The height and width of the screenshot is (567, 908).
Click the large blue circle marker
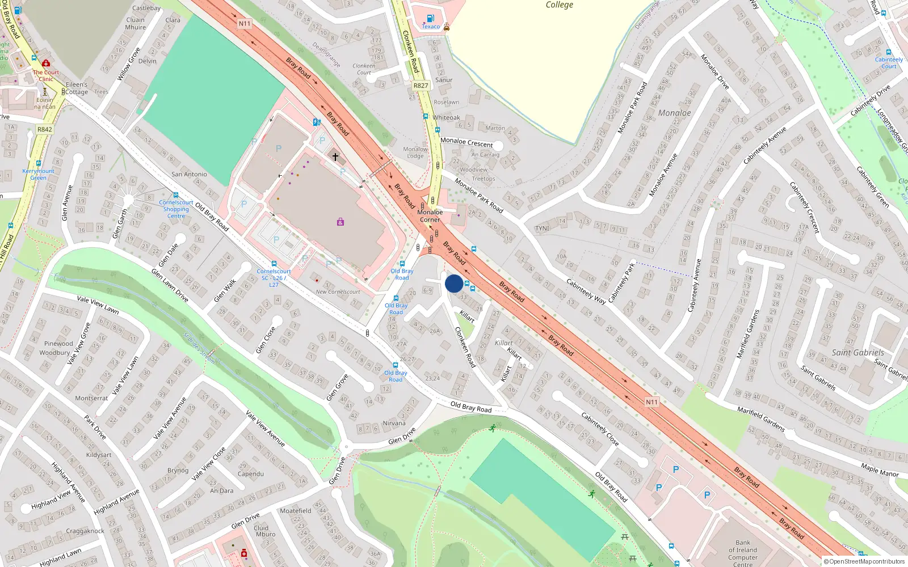tap(454, 283)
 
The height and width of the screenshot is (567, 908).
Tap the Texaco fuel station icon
tap(430, 19)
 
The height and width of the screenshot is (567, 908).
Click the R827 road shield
tap(421, 86)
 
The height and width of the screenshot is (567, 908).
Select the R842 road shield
tap(45, 129)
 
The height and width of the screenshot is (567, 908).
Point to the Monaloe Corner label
tap(430, 216)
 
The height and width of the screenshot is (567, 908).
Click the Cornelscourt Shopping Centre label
tap(176, 209)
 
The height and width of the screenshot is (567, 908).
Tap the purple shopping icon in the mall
tap(340, 222)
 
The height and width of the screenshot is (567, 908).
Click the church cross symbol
tap(335, 156)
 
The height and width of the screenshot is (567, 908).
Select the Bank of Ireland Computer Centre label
tap(743, 553)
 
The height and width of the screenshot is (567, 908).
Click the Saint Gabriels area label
tap(857, 353)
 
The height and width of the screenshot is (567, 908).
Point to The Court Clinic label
tap(45, 75)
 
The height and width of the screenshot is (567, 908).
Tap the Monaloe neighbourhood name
tap(674, 113)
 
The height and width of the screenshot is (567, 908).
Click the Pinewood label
tap(58, 344)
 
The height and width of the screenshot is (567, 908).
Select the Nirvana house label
tap(394, 423)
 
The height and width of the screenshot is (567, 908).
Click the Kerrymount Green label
tap(38, 174)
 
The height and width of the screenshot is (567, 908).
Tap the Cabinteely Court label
tap(889, 62)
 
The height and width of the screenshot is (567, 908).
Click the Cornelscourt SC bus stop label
tap(274, 278)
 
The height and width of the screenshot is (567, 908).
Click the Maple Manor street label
tap(880, 471)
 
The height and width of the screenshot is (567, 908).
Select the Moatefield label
tap(295, 510)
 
